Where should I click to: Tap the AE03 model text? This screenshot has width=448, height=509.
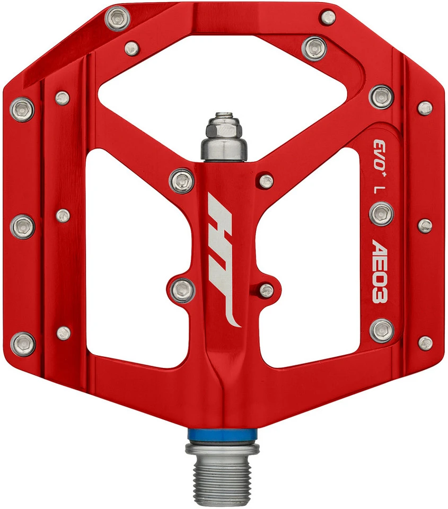click(x=381, y=270)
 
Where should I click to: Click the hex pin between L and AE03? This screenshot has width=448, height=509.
click(x=381, y=214)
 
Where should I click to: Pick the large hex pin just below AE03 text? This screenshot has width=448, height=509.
click(x=381, y=330)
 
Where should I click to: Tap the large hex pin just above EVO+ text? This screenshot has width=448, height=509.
click(x=381, y=96)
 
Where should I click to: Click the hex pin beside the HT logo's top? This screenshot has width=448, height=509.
click(x=182, y=180)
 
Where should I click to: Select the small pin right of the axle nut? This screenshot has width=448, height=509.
click(x=266, y=181)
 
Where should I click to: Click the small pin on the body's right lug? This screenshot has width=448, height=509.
click(x=267, y=289)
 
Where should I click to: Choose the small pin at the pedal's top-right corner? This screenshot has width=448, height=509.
click(x=328, y=17)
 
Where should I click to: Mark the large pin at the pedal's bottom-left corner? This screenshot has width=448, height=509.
click(x=23, y=344)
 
